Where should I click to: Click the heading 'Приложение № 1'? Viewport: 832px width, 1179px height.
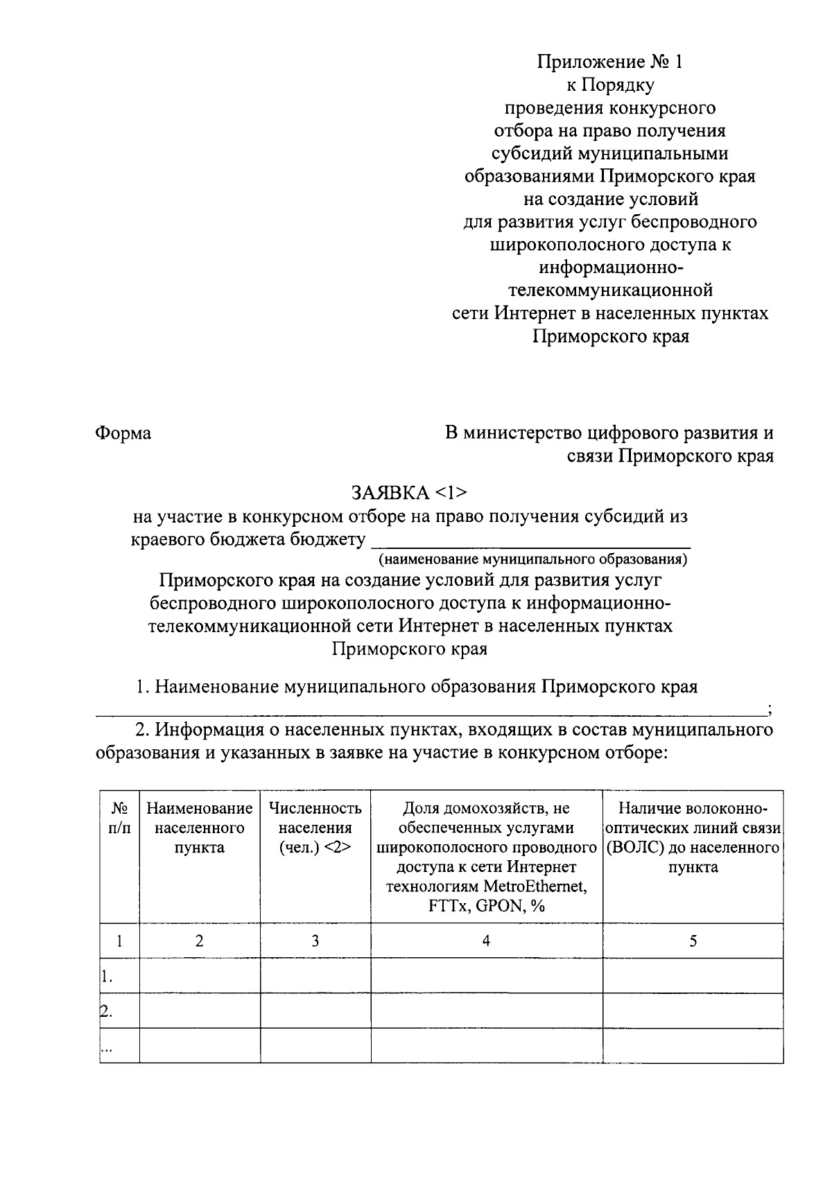(x=609, y=62)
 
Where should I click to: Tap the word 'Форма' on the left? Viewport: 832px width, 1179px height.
(x=123, y=433)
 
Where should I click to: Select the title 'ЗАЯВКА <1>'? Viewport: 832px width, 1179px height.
(x=409, y=493)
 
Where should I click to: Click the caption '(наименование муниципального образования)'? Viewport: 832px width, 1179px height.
(x=532, y=559)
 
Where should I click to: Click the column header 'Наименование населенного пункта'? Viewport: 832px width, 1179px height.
(x=199, y=828)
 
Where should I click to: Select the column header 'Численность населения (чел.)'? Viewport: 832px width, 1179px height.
(x=315, y=828)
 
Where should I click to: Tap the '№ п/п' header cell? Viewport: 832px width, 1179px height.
(x=119, y=819)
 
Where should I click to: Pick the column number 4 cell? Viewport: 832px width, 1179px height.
(x=486, y=941)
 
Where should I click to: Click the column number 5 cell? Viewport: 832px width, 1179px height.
(x=693, y=941)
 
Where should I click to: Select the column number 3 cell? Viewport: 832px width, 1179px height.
(x=315, y=941)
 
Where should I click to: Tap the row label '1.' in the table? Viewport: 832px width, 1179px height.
(x=106, y=977)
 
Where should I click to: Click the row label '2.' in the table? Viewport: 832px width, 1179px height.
(x=106, y=1011)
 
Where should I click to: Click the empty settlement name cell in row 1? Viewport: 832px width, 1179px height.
(x=199, y=976)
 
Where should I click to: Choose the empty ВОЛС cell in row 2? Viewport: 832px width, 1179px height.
(x=693, y=1011)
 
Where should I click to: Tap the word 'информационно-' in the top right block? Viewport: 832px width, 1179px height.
(x=610, y=268)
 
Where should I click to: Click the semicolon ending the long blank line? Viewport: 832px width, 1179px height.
(x=770, y=708)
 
